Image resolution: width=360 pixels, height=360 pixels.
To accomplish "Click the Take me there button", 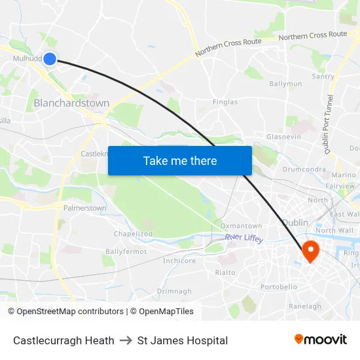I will (180, 160).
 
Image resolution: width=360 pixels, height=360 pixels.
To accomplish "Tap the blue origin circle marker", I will (49, 59).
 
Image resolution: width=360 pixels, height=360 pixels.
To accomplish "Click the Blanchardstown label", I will (71, 103).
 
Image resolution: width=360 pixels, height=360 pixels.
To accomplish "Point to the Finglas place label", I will (225, 102).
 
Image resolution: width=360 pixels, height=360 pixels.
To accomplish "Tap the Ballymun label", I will (285, 84).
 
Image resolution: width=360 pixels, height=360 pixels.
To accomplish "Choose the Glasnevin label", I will (283, 136).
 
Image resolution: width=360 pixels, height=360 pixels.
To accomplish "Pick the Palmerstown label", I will (84, 208).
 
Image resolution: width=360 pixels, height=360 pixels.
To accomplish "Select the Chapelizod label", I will (133, 234).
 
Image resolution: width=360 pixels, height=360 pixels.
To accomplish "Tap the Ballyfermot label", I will (126, 251).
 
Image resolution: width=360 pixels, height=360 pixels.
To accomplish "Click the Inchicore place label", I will (179, 261).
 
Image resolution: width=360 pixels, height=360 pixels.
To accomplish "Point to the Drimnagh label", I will (174, 291).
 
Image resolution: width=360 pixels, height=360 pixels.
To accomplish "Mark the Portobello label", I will (279, 287).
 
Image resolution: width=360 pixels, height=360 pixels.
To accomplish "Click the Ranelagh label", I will (305, 306).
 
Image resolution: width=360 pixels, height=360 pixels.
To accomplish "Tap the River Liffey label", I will (244, 238).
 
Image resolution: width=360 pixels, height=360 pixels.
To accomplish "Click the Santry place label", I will (323, 77).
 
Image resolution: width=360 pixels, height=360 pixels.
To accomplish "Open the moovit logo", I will (321, 340).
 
